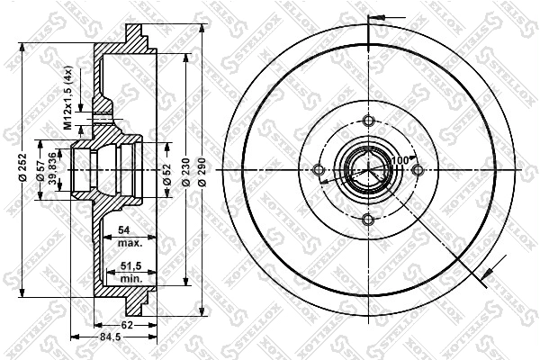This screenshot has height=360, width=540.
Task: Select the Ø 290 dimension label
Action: pos(202,171)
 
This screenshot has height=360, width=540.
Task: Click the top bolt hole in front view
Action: pos(366,122)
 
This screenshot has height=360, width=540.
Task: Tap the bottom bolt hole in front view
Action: pos(366,220)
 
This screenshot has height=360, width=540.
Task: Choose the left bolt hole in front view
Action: pos(318,171)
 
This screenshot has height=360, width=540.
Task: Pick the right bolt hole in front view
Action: pos(415,171)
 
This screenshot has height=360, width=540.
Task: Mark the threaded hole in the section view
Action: pos(103,117)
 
